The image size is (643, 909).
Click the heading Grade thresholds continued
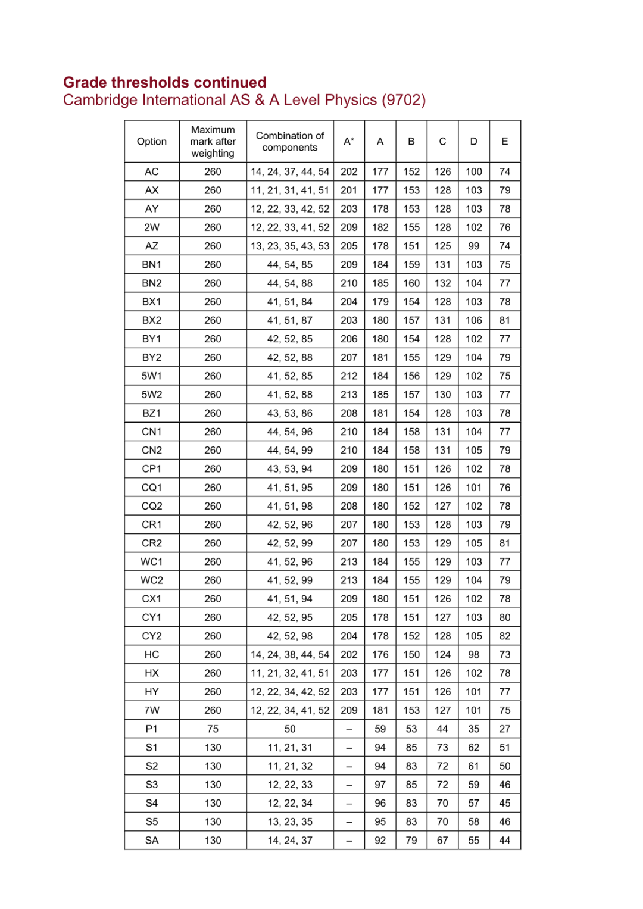pyautogui.click(x=164, y=82)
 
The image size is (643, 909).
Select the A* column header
pyautogui.click(x=349, y=142)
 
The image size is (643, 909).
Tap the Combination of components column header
pyautogui.click(x=290, y=142)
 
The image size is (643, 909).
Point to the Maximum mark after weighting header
pyautogui.click(x=213, y=142)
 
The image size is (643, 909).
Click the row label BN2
pyautogui.click(x=152, y=283)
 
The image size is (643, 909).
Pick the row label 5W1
pyautogui.click(x=152, y=376)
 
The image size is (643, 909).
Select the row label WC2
pyautogui.click(x=152, y=580)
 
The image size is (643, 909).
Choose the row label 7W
pyautogui.click(x=152, y=710)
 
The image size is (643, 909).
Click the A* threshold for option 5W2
pyautogui.click(x=349, y=395)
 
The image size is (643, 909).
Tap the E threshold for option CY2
pyautogui.click(x=505, y=636)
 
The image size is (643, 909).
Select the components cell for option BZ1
pyautogui.click(x=290, y=413)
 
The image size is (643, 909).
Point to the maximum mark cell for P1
pyautogui.click(x=213, y=729)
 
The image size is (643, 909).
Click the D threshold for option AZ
pyautogui.click(x=474, y=246)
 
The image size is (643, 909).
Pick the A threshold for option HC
pyautogui.click(x=380, y=655)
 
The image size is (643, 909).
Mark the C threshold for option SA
pyautogui.click(x=442, y=841)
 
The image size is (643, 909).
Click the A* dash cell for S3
pyautogui.click(x=349, y=785)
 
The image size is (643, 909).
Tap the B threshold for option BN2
pyautogui.click(x=411, y=283)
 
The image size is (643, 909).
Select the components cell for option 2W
pyautogui.click(x=290, y=227)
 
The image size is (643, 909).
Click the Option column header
pyautogui.click(x=152, y=142)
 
